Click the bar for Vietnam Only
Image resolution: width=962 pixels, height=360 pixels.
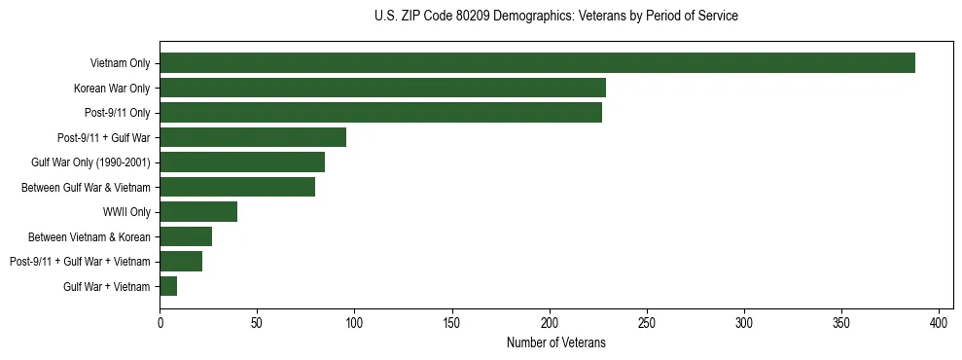coord(537,63)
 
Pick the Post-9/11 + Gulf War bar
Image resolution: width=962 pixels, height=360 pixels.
coord(253,137)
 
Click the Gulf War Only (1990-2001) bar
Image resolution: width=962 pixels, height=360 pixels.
coord(242,162)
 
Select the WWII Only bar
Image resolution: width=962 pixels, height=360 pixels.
coord(198,212)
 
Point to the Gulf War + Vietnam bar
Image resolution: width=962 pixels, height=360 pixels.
coord(168,286)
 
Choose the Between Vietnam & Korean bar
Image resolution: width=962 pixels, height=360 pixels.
coord(186,236)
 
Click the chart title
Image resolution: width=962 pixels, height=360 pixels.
coord(555,17)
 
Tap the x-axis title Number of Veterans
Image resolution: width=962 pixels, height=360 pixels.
coord(555,342)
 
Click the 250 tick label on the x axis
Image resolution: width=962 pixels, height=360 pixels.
coord(647,322)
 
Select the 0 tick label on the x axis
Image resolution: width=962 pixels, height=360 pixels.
coord(160,322)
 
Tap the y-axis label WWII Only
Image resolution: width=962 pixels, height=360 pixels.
coord(125,212)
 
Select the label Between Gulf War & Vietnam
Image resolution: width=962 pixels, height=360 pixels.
coord(86,187)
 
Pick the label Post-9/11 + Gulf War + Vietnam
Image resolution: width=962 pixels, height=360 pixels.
coord(80,262)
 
